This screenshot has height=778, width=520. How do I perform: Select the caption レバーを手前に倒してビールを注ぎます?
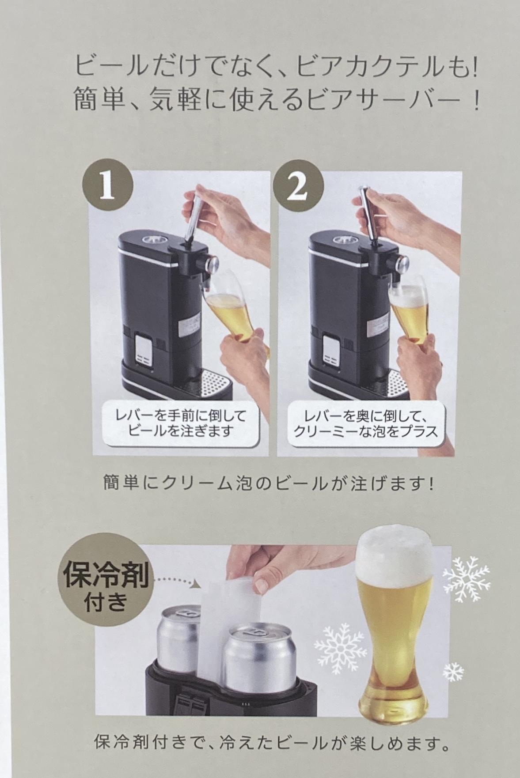180,423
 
